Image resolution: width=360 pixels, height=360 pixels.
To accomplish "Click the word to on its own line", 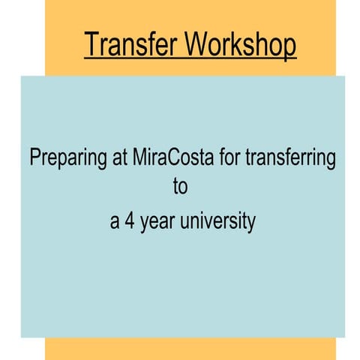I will coord(180,187).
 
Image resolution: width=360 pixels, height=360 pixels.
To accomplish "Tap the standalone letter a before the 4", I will coord(115,223).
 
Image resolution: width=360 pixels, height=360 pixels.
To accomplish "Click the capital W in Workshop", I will coord(196,44).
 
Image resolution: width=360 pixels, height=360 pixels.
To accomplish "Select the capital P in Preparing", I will coord(34,158).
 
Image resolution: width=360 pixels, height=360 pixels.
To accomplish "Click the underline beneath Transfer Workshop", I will coord(190,58).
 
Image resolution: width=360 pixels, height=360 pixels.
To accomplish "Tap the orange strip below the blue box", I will coord(190,348).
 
